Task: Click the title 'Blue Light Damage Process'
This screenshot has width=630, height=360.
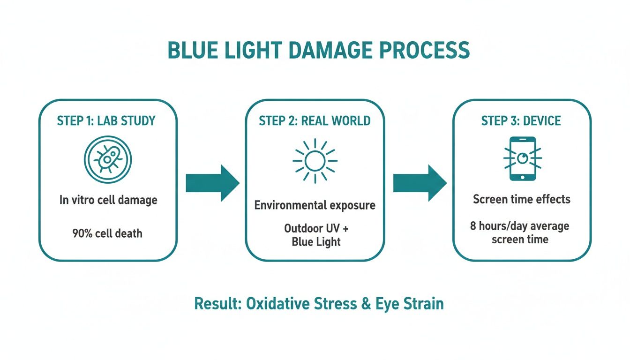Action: (x=318, y=51)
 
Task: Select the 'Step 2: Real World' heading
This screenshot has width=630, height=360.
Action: (x=315, y=121)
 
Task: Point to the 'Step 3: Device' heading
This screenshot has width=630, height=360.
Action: (x=521, y=121)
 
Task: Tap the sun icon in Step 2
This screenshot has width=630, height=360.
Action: (x=315, y=161)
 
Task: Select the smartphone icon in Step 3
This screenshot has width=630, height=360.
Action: (x=522, y=159)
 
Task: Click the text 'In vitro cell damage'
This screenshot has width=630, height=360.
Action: (x=108, y=200)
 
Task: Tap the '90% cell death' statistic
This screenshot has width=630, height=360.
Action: (x=107, y=233)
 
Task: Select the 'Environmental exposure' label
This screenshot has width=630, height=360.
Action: (x=315, y=205)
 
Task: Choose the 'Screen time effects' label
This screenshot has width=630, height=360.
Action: (x=521, y=199)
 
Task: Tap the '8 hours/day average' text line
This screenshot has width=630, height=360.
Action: (x=519, y=226)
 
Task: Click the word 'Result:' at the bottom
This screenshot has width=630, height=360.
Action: (x=217, y=304)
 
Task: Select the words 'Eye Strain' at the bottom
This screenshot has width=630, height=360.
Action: (x=409, y=304)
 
